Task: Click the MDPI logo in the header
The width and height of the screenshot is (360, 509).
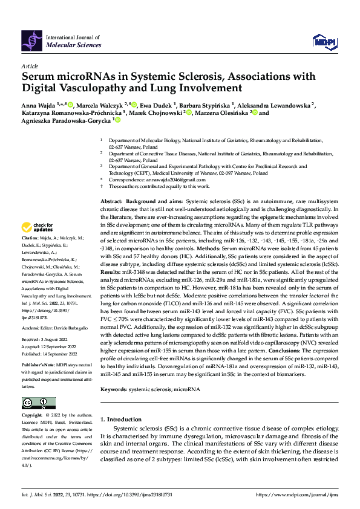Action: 323,39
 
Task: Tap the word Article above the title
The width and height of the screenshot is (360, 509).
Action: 30,66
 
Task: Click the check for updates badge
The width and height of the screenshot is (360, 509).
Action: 38,228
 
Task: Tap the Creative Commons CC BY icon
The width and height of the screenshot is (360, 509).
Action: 38,403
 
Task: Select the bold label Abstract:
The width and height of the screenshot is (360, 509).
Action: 111,200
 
